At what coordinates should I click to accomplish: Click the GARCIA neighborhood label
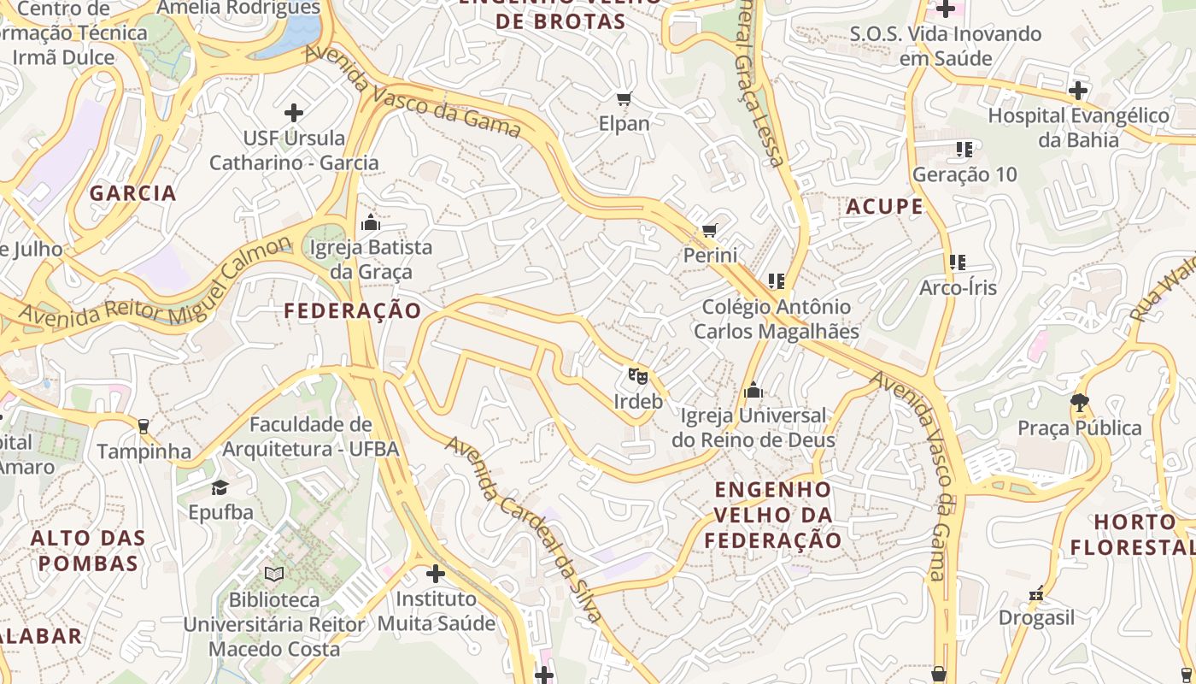tap(133, 193)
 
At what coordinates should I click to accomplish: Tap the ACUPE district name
tap(885, 206)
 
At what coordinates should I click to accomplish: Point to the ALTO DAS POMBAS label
tap(88, 551)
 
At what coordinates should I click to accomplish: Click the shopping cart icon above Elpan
tap(624, 99)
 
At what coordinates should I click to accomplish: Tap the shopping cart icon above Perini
tap(709, 231)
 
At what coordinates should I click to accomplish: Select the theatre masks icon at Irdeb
tap(637, 375)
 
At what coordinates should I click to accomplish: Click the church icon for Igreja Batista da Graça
tap(371, 223)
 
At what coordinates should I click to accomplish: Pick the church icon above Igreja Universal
tap(753, 391)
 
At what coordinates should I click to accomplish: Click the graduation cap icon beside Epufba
tap(220, 487)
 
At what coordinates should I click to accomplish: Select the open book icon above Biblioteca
tap(273, 575)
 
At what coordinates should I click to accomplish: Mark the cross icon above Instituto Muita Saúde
tap(436, 574)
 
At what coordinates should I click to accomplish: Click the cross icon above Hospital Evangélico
tap(1078, 90)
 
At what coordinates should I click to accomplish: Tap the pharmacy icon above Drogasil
tap(1037, 593)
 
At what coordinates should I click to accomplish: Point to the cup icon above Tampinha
tap(144, 426)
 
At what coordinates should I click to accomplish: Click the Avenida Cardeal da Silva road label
tap(524, 530)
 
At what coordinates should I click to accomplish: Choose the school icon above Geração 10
tap(964, 150)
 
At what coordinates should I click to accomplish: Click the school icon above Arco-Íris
tap(958, 262)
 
